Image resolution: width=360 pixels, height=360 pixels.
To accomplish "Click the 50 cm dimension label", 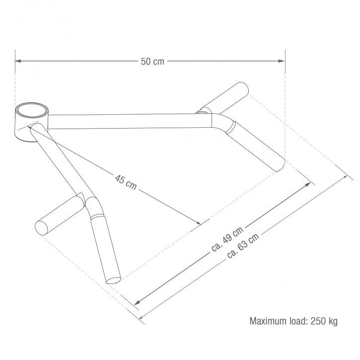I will (152, 62).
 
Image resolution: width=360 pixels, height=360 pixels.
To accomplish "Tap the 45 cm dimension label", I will (126, 182).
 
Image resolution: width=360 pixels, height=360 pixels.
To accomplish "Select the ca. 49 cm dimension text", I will (227, 240).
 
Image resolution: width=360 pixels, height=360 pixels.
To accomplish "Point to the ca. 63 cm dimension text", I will (243, 246).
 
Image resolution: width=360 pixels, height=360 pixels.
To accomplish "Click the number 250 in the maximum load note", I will (318, 321).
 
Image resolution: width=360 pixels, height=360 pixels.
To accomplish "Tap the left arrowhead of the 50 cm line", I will (18, 61).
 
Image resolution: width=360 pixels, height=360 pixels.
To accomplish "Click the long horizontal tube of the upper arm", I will (124, 121).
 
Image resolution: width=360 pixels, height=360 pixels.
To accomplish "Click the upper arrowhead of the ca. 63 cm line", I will (345, 177).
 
